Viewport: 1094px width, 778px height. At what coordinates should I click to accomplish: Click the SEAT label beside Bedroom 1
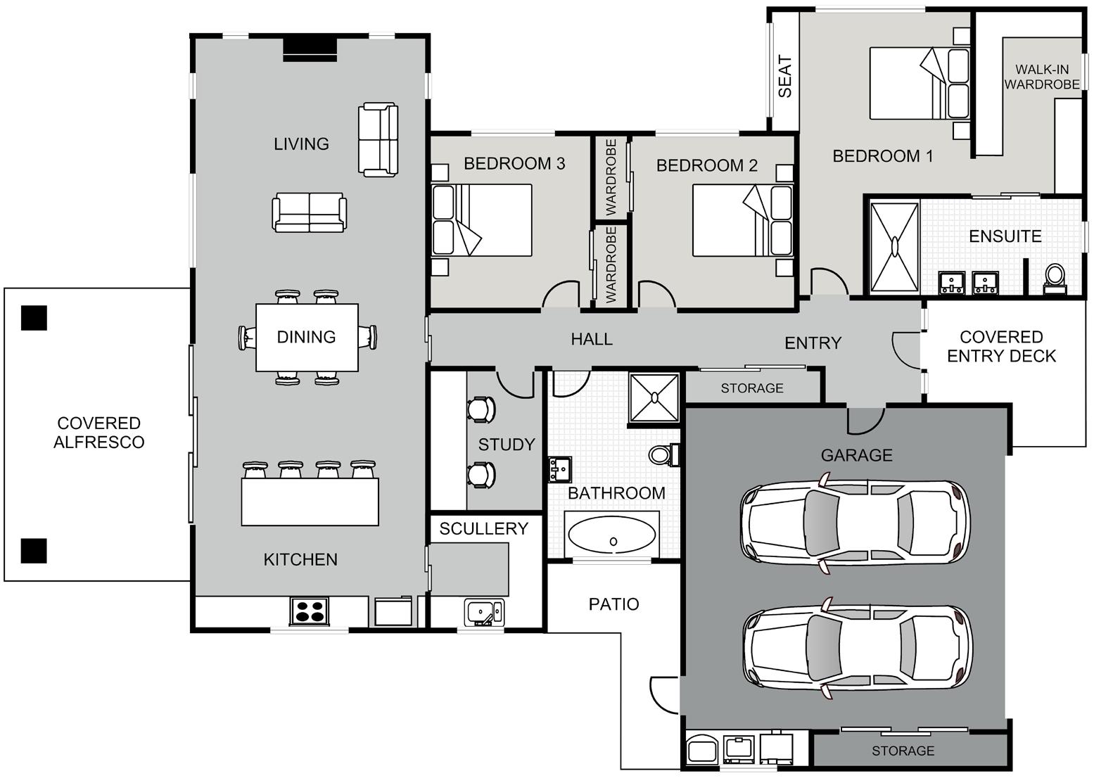pos(784,76)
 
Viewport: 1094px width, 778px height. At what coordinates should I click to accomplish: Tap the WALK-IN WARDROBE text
pos(1042,77)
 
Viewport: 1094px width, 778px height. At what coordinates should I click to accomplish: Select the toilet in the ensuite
pos(1055,279)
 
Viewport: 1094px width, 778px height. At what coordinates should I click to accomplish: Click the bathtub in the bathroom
pos(612,535)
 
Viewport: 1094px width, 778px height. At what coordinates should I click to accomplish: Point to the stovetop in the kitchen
pos(310,611)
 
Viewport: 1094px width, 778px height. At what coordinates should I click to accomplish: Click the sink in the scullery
pos(484,612)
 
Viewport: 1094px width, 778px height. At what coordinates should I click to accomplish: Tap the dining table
pos(307,337)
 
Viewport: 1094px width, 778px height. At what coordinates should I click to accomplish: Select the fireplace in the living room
pos(310,50)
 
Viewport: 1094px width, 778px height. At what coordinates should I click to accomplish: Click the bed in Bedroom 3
pos(481,220)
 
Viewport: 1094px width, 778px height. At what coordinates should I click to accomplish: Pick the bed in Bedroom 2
pos(742,220)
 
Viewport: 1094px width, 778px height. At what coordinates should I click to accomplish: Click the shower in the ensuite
pos(894,247)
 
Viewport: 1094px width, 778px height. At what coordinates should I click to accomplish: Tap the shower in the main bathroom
pos(654,397)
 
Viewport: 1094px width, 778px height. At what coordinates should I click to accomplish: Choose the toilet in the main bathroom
pos(663,454)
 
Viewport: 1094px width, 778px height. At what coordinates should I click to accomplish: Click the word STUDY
pos(507,445)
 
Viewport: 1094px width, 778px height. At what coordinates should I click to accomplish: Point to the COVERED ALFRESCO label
pos(99,432)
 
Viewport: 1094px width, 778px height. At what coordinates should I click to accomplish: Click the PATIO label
pos(614,604)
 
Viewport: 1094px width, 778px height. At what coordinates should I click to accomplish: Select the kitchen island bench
pos(310,502)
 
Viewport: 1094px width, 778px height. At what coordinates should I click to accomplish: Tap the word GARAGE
pos(857,455)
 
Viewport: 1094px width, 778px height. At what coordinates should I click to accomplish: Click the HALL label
pos(592,339)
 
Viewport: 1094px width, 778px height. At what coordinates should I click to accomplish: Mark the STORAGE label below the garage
pos(903,751)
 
